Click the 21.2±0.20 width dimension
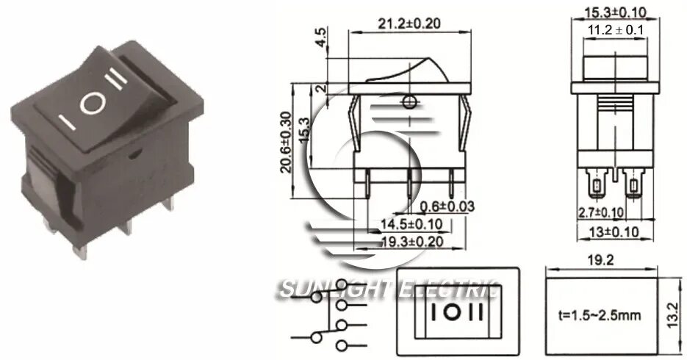point(409,23)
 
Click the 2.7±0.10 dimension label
point(600,212)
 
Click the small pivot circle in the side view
point(409,101)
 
